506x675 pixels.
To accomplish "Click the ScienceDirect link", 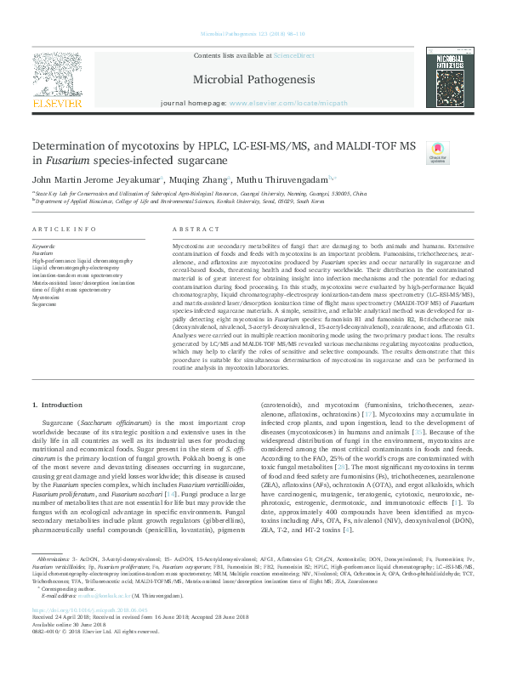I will [294, 55].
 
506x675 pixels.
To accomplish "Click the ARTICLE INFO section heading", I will [59, 230].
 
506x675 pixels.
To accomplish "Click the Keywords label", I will [43, 246].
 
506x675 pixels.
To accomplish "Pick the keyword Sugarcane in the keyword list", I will [44, 303].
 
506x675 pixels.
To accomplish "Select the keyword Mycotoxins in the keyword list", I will [46, 297].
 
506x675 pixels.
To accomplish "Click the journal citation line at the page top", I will [253, 34].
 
